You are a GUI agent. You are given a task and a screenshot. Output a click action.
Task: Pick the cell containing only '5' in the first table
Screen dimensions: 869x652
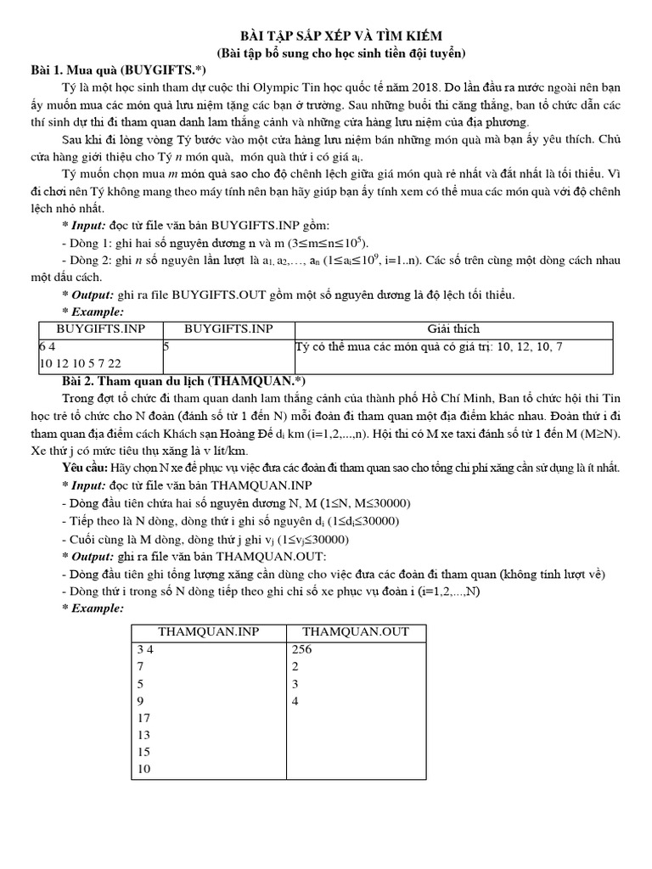[166, 346]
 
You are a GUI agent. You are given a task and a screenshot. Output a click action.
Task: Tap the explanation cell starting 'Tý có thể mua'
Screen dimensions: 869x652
[428, 346]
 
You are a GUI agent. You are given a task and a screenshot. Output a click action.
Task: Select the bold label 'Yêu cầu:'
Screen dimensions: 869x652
[87, 468]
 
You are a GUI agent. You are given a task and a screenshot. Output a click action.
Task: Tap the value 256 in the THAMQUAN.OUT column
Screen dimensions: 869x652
[302, 649]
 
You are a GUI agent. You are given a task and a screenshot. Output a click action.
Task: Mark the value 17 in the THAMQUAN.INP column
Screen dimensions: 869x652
[144, 717]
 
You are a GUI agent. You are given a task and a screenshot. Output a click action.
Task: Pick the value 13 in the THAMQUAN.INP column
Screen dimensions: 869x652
[144, 735]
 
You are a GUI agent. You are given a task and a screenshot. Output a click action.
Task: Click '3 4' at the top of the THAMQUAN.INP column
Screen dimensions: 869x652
[145, 649]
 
